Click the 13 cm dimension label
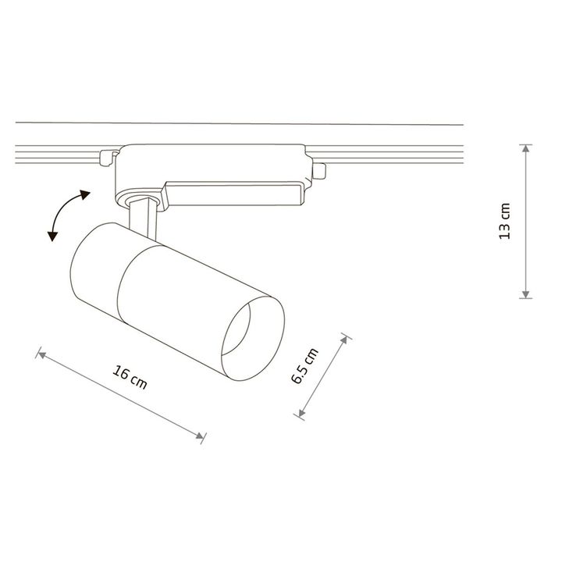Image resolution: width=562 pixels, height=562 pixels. [x=505, y=221]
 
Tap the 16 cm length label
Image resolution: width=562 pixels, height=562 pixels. [x=130, y=378]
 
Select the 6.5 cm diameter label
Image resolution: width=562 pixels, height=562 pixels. [x=304, y=365]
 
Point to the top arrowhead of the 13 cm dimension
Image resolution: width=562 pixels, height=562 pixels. [x=525, y=149]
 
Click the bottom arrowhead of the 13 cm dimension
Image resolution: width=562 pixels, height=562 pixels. [x=525, y=294]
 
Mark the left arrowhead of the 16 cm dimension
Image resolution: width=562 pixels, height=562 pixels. [x=42, y=355]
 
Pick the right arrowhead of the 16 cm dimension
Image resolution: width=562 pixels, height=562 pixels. [x=200, y=435]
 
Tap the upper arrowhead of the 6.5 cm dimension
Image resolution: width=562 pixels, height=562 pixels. [x=344, y=340]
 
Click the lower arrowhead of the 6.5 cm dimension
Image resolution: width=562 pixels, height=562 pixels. [x=301, y=413]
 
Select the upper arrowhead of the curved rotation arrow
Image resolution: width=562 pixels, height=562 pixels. [x=85, y=194]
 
